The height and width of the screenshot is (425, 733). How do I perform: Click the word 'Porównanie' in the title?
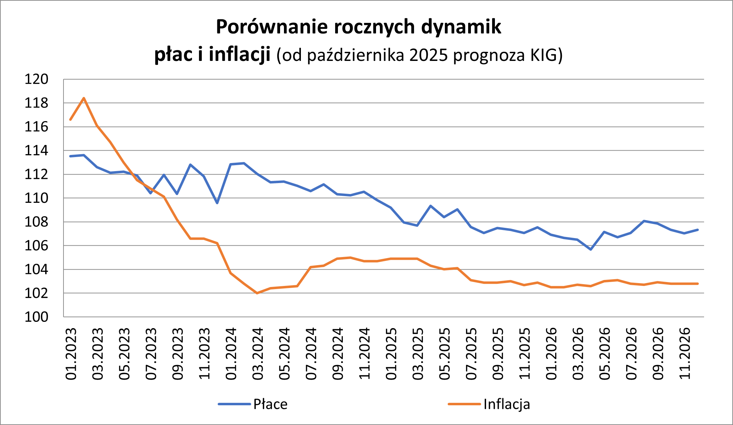pyautogui.click(x=272, y=27)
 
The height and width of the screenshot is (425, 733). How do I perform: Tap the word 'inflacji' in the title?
pyautogui.click(x=240, y=55)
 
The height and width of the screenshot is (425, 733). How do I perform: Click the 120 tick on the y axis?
pyautogui.click(x=36, y=80)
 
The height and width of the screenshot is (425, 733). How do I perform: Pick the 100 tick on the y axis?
pyautogui.click(x=36, y=317)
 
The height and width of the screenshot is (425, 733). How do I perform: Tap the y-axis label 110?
pyautogui.click(x=36, y=198)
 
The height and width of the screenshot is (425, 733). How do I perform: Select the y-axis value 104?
pyautogui.click(x=36, y=270)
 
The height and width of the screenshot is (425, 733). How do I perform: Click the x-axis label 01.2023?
pyautogui.click(x=71, y=354)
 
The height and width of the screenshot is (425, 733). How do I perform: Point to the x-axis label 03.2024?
pyautogui.click(x=258, y=354)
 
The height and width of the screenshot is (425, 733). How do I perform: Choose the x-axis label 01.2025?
pyautogui.click(x=392, y=354)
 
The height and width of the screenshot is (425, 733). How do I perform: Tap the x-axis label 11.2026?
pyautogui.click(x=685, y=354)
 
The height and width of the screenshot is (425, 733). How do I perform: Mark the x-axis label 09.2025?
pyautogui.click(x=498, y=354)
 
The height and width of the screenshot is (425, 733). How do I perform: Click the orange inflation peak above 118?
pyautogui.click(x=84, y=98)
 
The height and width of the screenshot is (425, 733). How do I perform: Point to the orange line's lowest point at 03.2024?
pyautogui.click(x=257, y=293)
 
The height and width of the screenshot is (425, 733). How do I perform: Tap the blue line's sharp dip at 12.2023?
pyautogui.click(x=217, y=203)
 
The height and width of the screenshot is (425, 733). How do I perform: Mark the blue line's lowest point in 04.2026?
pyautogui.click(x=591, y=249)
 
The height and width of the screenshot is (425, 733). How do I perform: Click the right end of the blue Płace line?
pyautogui.click(x=698, y=230)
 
